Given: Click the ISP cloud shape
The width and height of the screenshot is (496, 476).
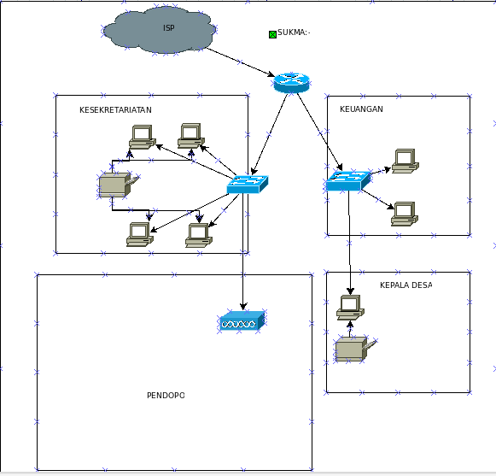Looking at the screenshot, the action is (x=159, y=30).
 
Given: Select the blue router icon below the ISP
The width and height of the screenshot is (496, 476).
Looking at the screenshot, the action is (x=291, y=83).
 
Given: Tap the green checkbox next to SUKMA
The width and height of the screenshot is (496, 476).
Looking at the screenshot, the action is (x=272, y=34).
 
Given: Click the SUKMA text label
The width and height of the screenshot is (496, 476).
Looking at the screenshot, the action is (x=294, y=32).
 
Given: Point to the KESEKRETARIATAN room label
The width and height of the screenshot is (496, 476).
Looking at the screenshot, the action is (x=115, y=110).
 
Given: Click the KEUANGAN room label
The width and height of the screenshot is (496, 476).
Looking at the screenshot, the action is (x=361, y=109).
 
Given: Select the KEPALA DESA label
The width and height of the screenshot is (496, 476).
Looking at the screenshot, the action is (x=406, y=285).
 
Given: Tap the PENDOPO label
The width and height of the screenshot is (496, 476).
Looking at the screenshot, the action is (x=166, y=395).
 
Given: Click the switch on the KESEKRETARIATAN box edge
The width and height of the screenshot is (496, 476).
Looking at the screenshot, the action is (x=248, y=185).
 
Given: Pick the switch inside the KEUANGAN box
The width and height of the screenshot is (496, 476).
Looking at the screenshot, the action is (x=348, y=181).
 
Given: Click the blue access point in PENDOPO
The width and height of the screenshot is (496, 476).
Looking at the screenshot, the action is (x=242, y=321).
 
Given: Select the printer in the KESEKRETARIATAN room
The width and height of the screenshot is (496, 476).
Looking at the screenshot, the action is (x=118, y=185).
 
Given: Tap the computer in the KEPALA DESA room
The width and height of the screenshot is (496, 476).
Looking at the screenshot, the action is (x=350, y=308).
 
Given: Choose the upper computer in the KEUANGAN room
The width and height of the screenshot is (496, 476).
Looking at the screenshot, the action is (x=406, y=162).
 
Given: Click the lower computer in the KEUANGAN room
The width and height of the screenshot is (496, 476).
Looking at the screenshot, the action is (x=405, y=214).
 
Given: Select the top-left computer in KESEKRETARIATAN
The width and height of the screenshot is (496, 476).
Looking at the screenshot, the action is (x=143, y=137).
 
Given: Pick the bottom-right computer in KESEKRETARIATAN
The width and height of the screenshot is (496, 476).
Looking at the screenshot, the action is (x=199, y=235).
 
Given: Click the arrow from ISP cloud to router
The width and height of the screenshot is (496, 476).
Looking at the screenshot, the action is (x=241, y=62).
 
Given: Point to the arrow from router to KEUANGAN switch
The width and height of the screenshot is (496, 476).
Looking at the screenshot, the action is (x=320, y=132).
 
